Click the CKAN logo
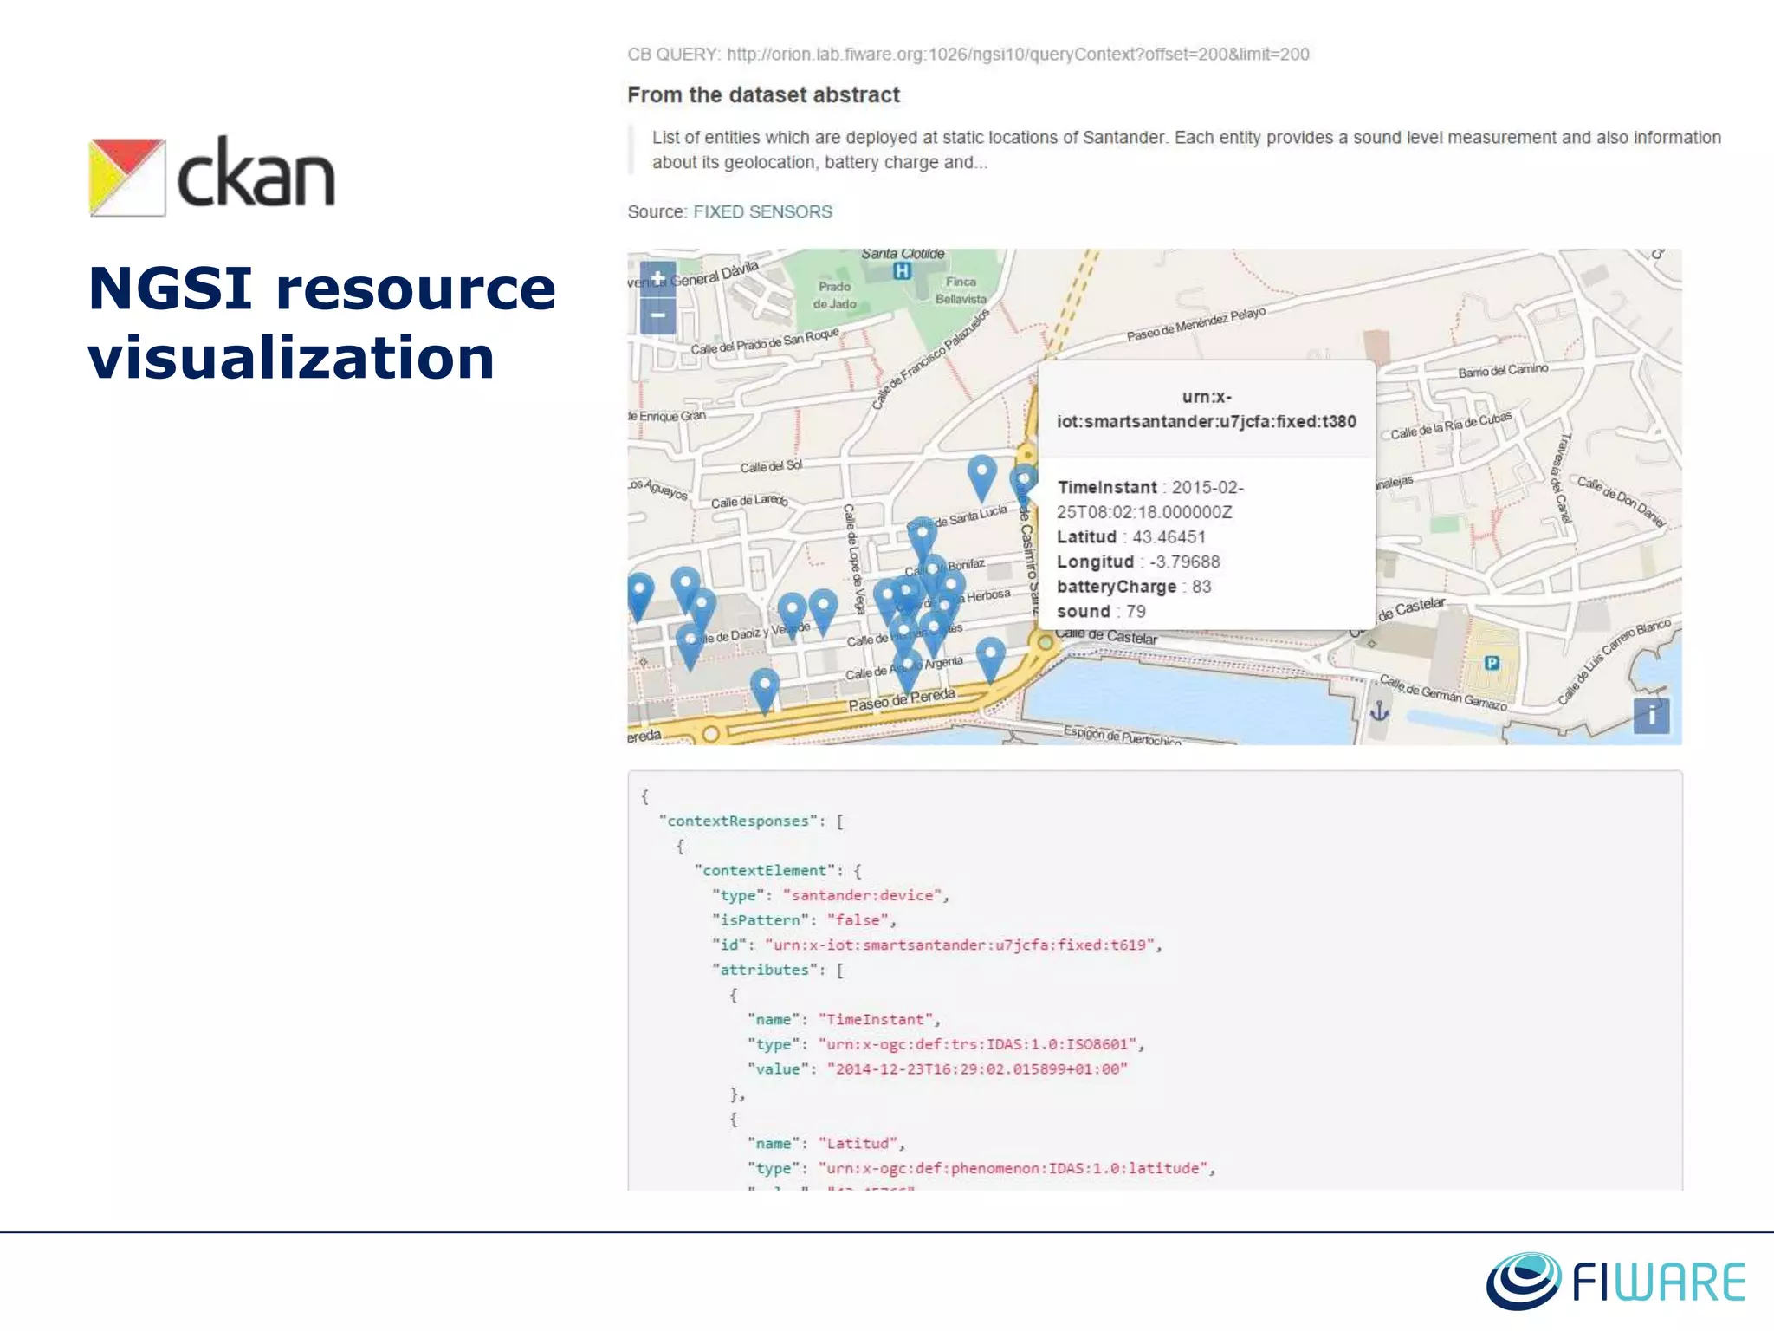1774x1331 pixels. point(212,176)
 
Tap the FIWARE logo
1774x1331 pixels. point(1616,1281)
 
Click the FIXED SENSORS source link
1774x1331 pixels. point(762,212)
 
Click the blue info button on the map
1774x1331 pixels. point(1651,716)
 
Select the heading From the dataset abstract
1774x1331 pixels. point(763,95)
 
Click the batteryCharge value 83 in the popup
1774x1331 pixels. point(1201,587)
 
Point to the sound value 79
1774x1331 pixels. point(1136,612)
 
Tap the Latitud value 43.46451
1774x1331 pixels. point(1169,537)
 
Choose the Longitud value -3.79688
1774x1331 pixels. point(1184,562)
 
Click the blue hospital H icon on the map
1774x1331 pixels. point(902,271)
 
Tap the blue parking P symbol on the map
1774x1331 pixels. point(1492,663)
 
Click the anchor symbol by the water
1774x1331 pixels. point(1379,712)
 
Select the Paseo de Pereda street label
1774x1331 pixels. point(902,699)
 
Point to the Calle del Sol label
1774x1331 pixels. point(771,467)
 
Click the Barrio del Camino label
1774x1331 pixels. point(1503,371)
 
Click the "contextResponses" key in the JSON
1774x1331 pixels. point(738,821)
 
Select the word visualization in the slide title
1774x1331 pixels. point(291,358)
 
